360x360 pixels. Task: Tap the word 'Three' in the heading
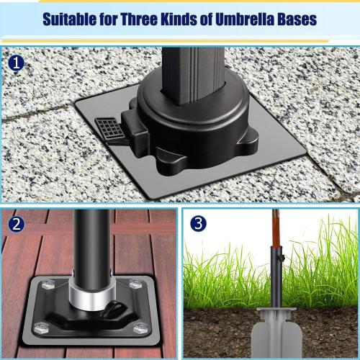[138, 19]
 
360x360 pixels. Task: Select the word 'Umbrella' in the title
[245, 19]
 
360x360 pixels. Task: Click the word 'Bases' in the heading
[297, 19]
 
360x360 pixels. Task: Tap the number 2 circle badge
[17, 225]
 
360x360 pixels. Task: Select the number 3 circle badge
[197, 225]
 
